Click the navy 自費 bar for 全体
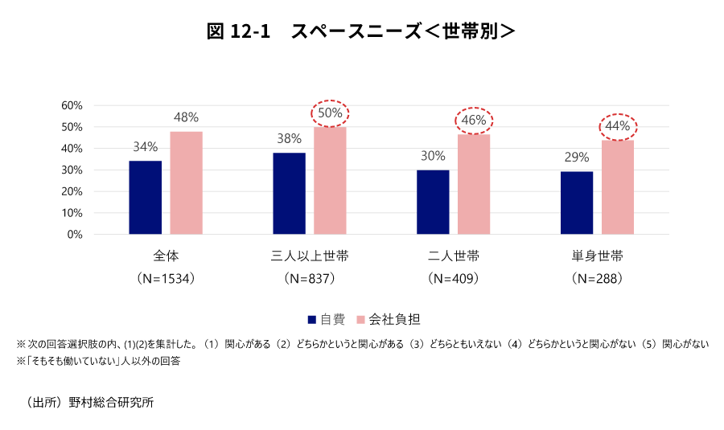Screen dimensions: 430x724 click(x=145, y=198)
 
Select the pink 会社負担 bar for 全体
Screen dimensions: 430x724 click(x=186, y=183)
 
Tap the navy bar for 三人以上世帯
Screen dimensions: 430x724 click(x=289, y=194)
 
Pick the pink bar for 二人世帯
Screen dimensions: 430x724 click(x=473, y=184)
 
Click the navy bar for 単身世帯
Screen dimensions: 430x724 click(x=577, y=203)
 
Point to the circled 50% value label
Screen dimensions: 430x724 click(x=330, y=113)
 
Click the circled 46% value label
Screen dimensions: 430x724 click(x=474, y=121)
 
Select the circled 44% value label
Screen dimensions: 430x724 click(x=618, y=126)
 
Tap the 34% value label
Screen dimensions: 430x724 click(x=146, y=147)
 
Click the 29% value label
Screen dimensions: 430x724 click(x=577, y=157)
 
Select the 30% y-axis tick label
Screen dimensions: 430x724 click(x=72, y=170)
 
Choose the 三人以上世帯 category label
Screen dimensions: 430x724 click(x=310, y=257)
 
